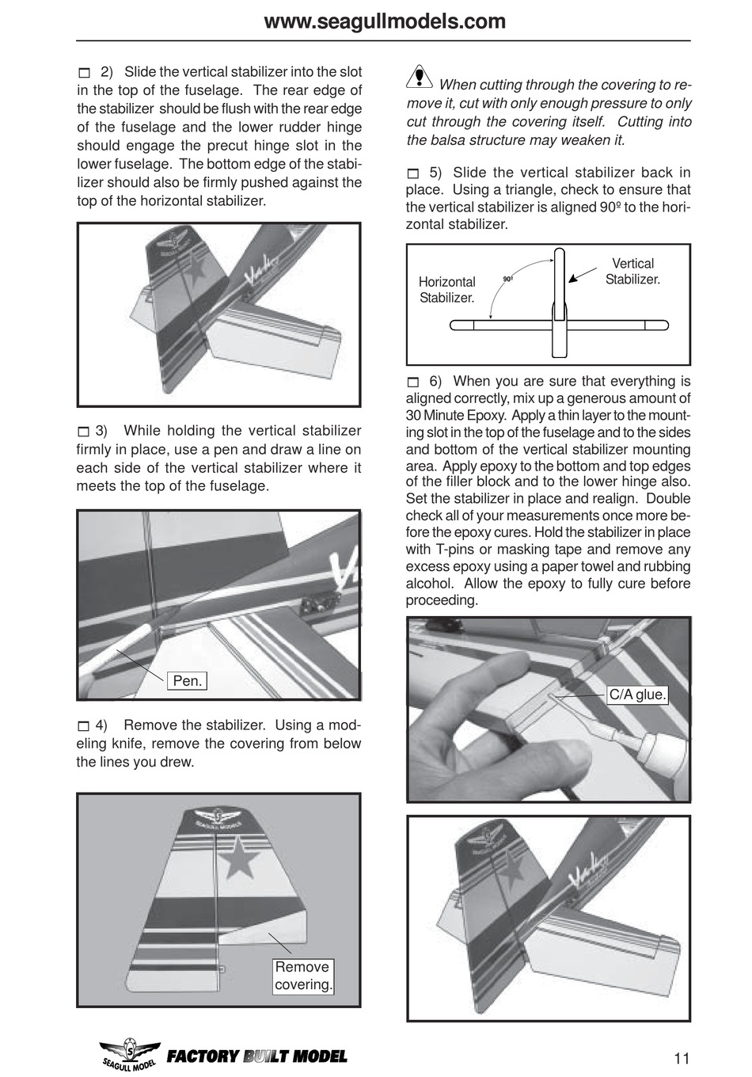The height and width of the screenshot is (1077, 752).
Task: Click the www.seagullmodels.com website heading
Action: (x=384, y=21)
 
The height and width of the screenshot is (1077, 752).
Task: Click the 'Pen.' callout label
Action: (x=188, y=681)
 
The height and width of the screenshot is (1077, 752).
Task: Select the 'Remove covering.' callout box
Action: (x=303, y=976)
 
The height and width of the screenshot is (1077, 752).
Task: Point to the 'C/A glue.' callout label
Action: (x=637, y=695)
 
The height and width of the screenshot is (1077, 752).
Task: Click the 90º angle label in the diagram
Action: (x=507, y=280)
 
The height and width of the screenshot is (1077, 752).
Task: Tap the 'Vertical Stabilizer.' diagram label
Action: (x=632, y=272)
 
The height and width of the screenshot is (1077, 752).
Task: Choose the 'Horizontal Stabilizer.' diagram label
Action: (x=446, y=290)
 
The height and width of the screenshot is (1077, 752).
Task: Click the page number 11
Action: (x=682, y=1058)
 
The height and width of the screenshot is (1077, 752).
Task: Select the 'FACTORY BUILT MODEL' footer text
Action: (x=256, y=1056)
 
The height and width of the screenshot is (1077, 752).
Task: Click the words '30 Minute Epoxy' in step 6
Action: (x=456, y=416)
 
